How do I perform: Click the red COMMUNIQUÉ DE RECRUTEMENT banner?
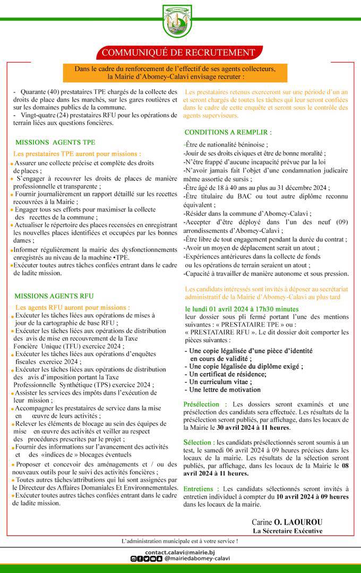coord(178,53)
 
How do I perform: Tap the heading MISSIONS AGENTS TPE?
coord(55,142)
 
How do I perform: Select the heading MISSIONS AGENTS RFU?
coord(54,296)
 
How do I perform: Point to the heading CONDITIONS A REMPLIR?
coord(228,132)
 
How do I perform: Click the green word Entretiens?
coord(201,488)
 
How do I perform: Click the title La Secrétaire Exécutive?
coord(287,531)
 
